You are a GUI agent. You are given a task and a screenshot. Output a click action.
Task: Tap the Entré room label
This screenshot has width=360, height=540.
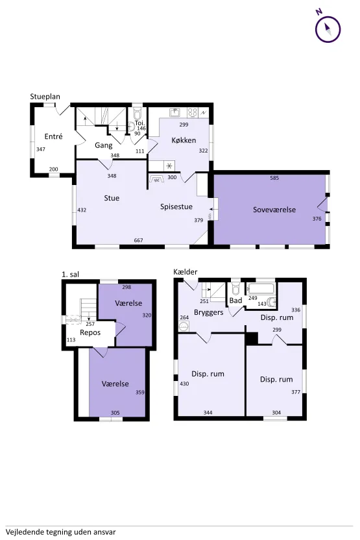[x=53, y=136]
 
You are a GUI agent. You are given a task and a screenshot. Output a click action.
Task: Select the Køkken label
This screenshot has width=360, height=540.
[x=184, y=140]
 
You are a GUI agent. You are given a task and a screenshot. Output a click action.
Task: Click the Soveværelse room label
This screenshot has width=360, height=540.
[x=274, y=210]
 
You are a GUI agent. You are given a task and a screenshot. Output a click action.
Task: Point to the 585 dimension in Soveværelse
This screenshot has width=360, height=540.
[x=274, y=178]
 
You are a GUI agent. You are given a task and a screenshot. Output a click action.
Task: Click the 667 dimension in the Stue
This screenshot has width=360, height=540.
[x=138, y=240]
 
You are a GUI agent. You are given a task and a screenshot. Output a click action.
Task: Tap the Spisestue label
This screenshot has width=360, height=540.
[x=176, y=206]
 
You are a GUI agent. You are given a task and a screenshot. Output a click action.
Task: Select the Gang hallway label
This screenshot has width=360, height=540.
[x=104, y=145]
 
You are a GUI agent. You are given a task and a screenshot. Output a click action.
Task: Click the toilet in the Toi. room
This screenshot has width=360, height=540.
[x=138, y=113]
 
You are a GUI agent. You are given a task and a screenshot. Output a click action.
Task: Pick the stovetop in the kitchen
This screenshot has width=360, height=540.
[x=193, y=112]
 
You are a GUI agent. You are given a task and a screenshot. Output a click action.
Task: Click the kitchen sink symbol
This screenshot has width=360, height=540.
[x=175, y=112]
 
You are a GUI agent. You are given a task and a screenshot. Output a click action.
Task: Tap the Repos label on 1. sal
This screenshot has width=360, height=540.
[x=90, y=333]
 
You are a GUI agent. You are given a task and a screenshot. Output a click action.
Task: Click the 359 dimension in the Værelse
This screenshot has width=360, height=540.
[x=140, y=392]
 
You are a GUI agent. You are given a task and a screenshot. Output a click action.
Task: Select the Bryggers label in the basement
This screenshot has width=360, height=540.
[x=209, y=312]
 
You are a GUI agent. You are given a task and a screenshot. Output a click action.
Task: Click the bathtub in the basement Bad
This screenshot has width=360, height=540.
[x=261, y=288]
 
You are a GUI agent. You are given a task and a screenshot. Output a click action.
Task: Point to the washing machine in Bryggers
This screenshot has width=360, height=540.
[x=184, y=326]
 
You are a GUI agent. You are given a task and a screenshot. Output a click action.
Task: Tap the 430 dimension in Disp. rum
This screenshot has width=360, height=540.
[x=184, y=384]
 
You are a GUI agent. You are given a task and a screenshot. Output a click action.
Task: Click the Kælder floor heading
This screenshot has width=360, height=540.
[x=186, y=272]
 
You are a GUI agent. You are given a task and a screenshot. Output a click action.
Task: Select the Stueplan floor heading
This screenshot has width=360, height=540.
[x=45, y=97]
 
